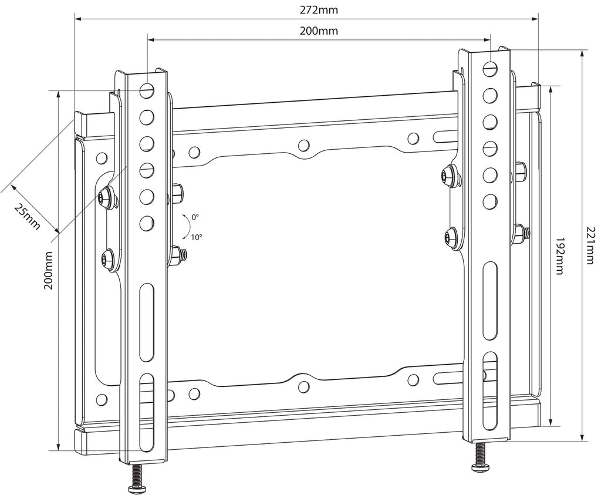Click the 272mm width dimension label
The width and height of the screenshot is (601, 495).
(319, 9)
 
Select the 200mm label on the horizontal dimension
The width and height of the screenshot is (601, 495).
(319, 31)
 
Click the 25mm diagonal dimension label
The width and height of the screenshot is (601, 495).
(27, 217)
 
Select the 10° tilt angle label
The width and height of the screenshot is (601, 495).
(196, 237)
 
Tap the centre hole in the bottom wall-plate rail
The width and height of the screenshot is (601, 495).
(303, 386)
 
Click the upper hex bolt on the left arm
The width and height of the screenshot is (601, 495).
(106, 198)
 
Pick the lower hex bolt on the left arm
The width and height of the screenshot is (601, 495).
(107, 257)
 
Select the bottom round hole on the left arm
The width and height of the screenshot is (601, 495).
(146, 223)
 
